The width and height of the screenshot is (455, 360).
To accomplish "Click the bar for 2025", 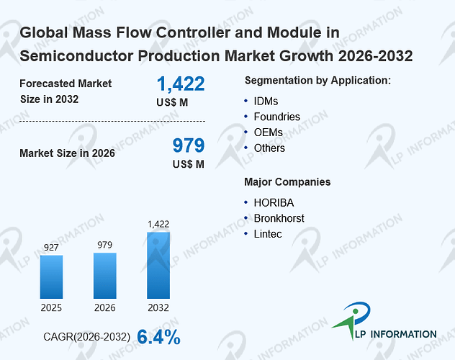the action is pos(51,276).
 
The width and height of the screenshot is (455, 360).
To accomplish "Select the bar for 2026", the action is pos(105,276).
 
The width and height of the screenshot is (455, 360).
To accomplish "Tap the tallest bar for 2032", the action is pos(158,265).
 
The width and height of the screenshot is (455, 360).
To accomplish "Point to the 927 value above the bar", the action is pos(51,248).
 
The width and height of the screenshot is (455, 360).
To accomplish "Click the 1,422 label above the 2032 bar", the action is pos(158,224).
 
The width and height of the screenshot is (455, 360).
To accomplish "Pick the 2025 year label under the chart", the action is pos(51,307).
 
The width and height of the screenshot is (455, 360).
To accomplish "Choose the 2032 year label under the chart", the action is pos(158,307).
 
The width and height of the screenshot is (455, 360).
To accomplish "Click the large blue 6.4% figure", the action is pos(158,337).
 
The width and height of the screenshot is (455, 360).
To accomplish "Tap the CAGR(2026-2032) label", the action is pos(87,337).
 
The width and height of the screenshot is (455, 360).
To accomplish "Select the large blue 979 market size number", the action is pos(189,145).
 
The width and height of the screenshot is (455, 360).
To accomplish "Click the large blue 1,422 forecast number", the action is pos(181,84).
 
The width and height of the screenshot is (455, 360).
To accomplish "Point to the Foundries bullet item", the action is pos(277,117).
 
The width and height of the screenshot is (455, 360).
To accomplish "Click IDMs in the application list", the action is pos(266,102).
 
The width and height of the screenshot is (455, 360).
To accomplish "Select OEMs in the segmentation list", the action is pos(268,132).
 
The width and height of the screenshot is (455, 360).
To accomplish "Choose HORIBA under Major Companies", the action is pos(274,203).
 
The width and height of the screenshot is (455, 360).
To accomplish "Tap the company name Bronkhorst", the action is pos(279,218).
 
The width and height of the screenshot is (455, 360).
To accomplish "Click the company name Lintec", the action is pos(268,234).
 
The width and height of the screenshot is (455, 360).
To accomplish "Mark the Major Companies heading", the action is pos(287,182).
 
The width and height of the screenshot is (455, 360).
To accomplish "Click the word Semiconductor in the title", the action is pos(76,56).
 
